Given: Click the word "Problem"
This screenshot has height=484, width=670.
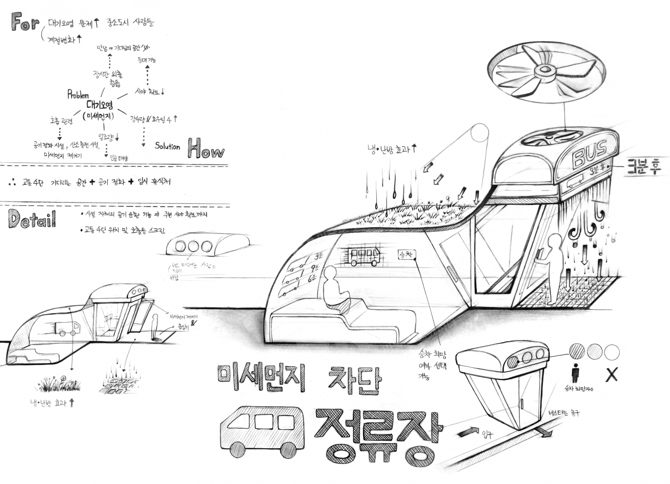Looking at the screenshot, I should click(79, 95).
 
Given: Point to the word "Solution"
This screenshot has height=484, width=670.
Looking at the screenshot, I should click(167, 147).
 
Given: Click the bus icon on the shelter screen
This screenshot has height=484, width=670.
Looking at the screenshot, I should click(364, 256).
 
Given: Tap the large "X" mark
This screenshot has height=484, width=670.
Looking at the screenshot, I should click(611, 375).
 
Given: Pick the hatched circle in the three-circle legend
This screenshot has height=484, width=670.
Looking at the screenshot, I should click(576, 351).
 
